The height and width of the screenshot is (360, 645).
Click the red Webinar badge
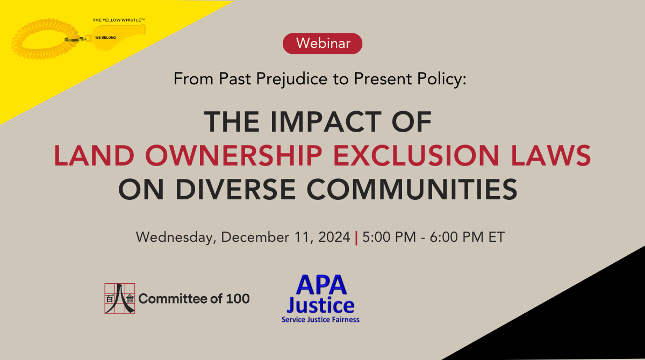click(322, 44)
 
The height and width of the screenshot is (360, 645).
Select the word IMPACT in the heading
click(326, 122)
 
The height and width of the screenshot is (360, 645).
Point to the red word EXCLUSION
click(416, 155)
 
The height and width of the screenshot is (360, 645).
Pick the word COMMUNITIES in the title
click(412, 189)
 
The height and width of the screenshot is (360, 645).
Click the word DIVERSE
click(235, 189)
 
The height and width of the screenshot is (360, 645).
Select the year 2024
click(334, 237)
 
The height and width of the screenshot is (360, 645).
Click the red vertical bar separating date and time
click(356, 237)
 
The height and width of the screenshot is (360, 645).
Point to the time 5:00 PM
click(389, 237)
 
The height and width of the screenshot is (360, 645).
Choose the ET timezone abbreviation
click(497, 237)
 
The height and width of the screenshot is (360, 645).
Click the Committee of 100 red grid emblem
click(119, 298)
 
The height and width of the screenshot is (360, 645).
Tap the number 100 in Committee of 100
click(238, 299)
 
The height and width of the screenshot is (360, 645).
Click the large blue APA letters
click(321, 285)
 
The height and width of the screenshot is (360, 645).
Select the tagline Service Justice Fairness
click(320, 320)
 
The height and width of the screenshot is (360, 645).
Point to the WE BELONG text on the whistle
click(105, 38)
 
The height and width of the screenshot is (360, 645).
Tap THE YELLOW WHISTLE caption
click(119, 20)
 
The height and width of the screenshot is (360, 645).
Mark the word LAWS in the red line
click(551, 155)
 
